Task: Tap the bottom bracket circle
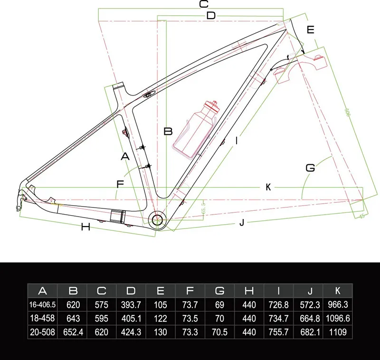point(157,219)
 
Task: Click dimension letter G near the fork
point(310,168)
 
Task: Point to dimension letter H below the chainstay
point(85,227)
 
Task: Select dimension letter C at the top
point(203,4)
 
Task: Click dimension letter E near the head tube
point(311,29)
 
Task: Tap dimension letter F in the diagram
point(120,183)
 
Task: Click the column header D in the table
point(131,291)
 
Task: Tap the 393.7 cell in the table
point(131,304)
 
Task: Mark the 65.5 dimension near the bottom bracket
point(205,209)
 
